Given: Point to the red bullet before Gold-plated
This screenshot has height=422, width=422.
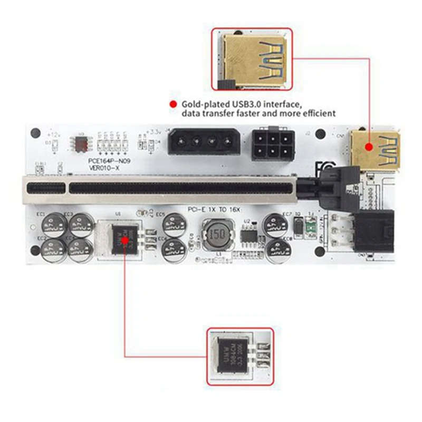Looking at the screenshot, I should [172, 104].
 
